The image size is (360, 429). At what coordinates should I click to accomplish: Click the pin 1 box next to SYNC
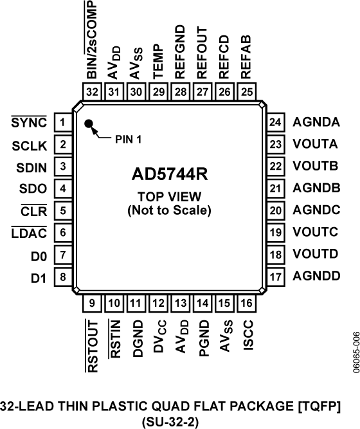[62, 122]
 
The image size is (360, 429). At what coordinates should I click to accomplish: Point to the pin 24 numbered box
[276, 122]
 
